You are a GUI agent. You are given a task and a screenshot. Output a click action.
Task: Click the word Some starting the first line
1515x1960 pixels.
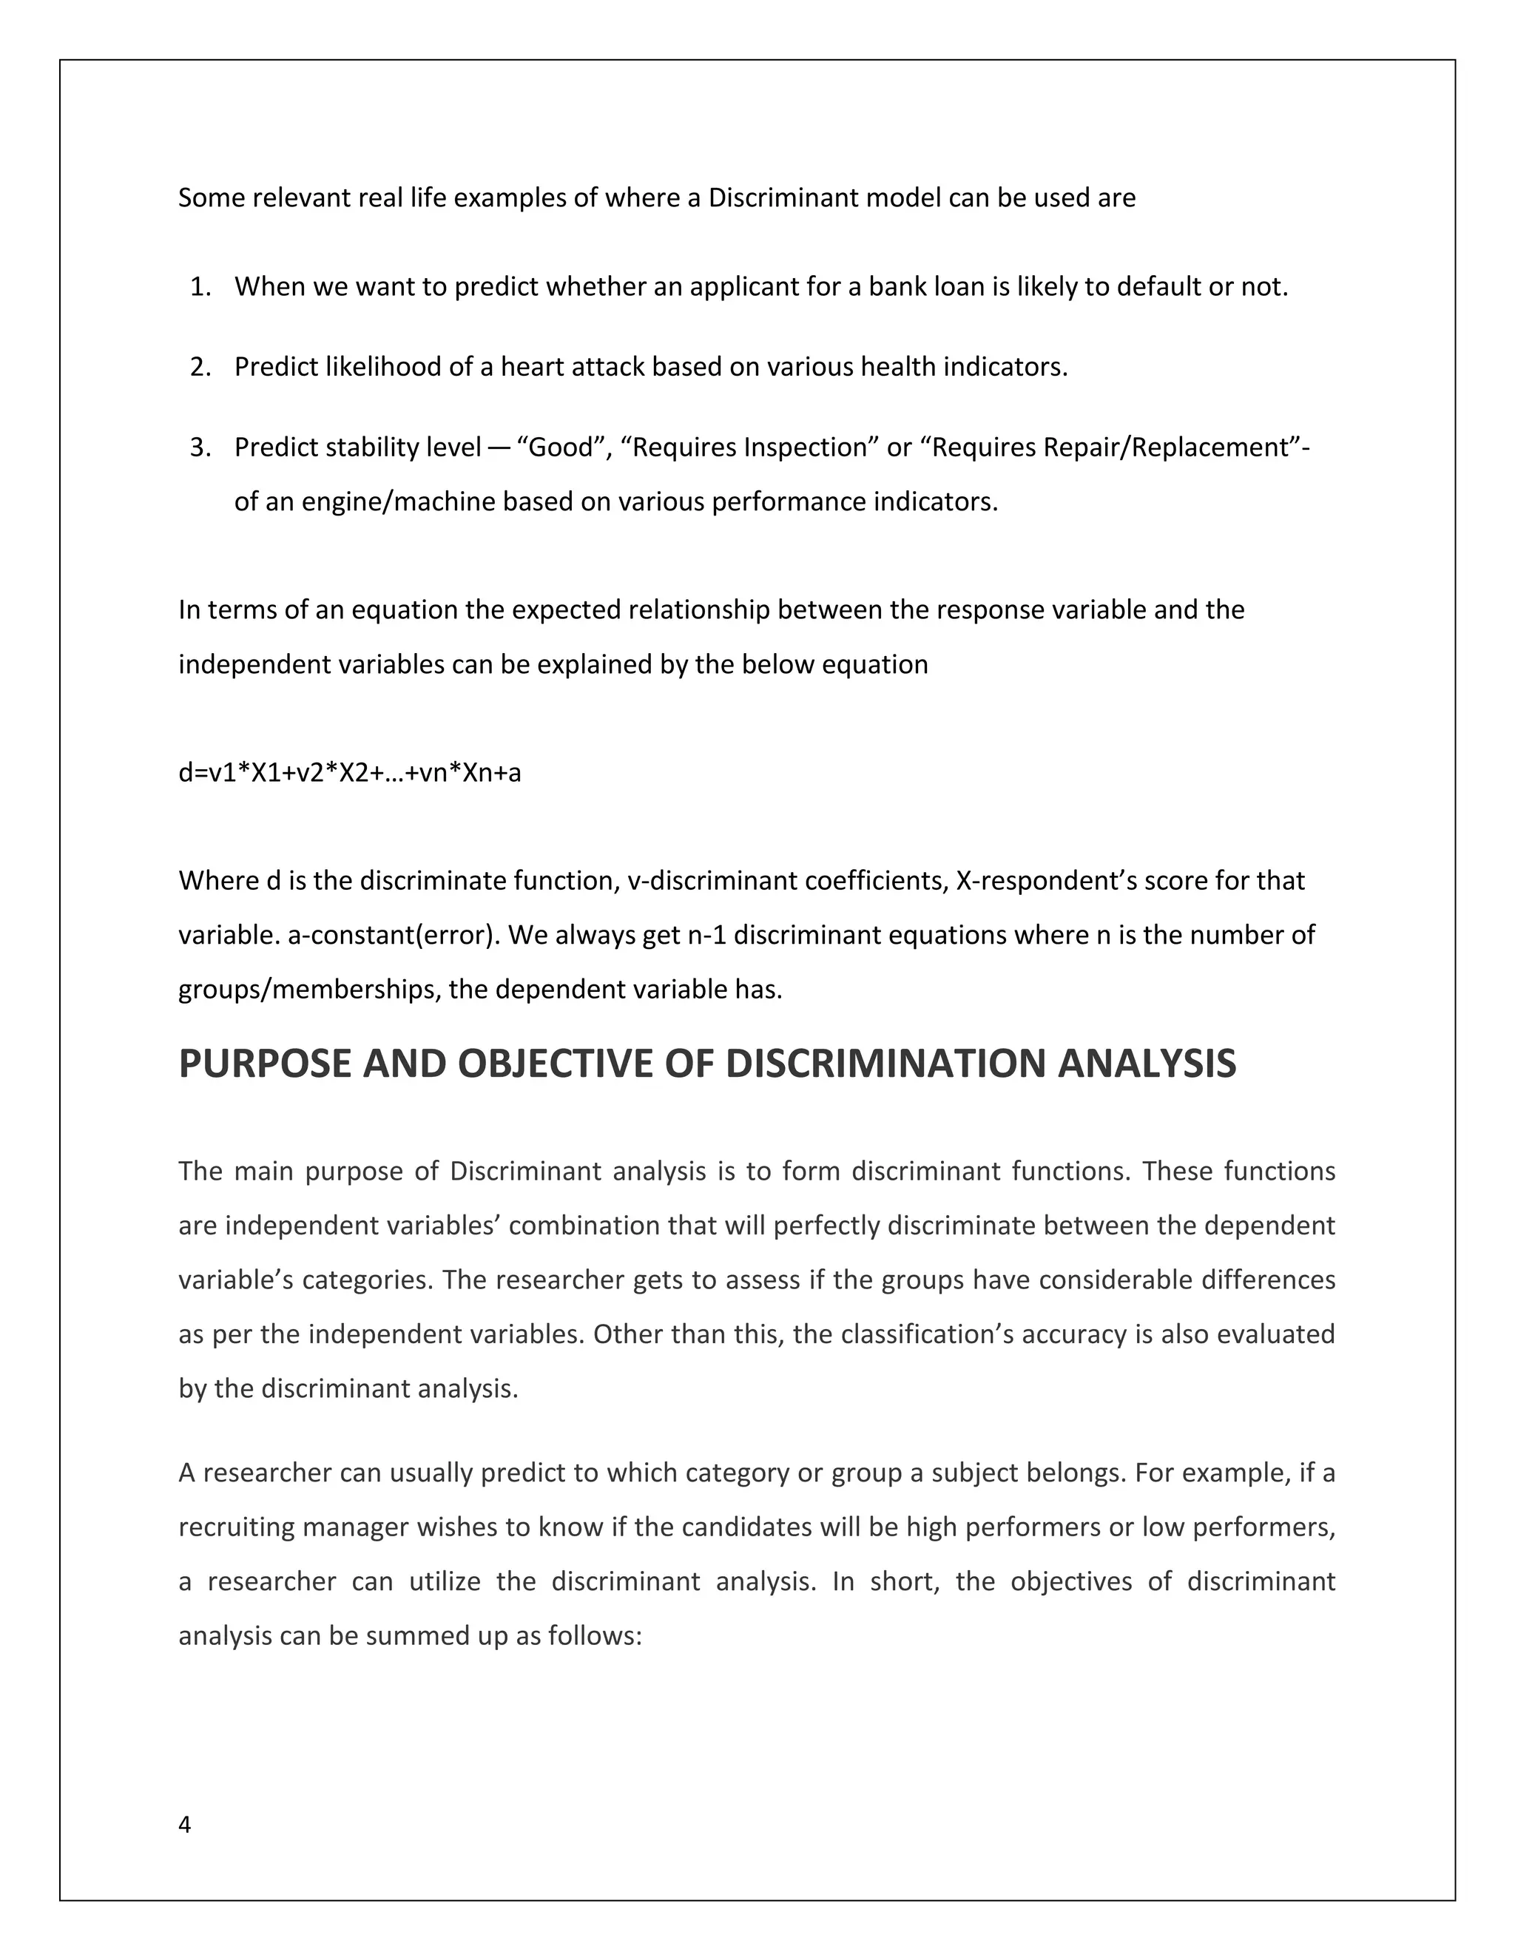[x=212, y=198]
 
